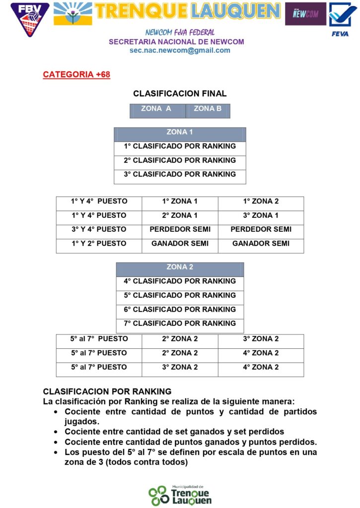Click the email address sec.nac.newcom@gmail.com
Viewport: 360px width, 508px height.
coord(180,50)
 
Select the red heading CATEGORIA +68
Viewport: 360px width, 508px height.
coord(76,75)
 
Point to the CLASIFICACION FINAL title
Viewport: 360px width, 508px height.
coord(180,93)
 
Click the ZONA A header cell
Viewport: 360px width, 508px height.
coord(156,109)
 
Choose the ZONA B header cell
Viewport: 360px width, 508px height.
coord(208,109)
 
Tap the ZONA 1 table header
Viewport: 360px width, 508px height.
coord(180,132)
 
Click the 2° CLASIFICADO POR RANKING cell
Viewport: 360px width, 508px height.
coord(180,160)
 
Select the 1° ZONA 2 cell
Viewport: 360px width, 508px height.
coord(261,201)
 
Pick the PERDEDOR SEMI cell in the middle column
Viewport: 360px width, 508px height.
coord(180,229)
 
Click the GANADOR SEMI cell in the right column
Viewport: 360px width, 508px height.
coord(261,244)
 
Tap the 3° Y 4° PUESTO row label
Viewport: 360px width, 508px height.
coord(99,229)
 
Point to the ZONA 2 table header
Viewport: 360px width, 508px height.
coord(180,267)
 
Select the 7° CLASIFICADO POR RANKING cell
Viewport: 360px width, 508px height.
coord(180,323)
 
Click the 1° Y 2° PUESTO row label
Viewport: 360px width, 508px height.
coord(99,244)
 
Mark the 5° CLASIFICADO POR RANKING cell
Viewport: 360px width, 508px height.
coord(180,295)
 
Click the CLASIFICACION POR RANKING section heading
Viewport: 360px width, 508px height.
coord(107,391)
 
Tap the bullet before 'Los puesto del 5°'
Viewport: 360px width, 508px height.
coord(54,452)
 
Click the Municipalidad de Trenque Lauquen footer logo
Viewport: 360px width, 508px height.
coord(180,495)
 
